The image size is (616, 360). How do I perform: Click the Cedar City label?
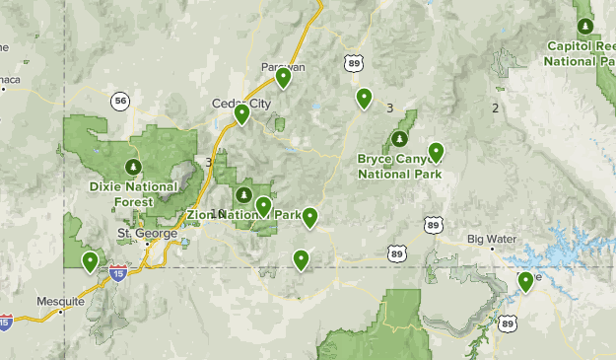coord(235,102)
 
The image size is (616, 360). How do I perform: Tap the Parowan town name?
coord(283,66)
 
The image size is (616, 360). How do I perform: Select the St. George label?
coord(147,234)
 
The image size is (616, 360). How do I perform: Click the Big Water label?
coord(490,239)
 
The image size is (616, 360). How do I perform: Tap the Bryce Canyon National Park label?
coord(398,167)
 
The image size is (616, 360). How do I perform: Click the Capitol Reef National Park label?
coord(582,53)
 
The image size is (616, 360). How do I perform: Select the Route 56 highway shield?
coord(120,101)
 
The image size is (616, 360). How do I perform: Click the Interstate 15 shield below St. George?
coord(117,274)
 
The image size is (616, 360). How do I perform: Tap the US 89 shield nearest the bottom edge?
coord(507,323)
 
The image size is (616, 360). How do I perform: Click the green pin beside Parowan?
coord(283,77)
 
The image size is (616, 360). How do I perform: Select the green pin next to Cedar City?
coord(241,114)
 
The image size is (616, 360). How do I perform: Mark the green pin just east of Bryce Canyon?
coord(436,152)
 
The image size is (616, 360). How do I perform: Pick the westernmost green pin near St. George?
coord(90,261)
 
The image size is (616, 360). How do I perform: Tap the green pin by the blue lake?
coord(526,282)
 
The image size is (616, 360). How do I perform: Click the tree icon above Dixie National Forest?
coord(133,165)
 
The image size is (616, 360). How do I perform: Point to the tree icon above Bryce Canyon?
coord(400,138)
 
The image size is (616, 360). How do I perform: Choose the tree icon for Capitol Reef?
coord(586,26)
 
